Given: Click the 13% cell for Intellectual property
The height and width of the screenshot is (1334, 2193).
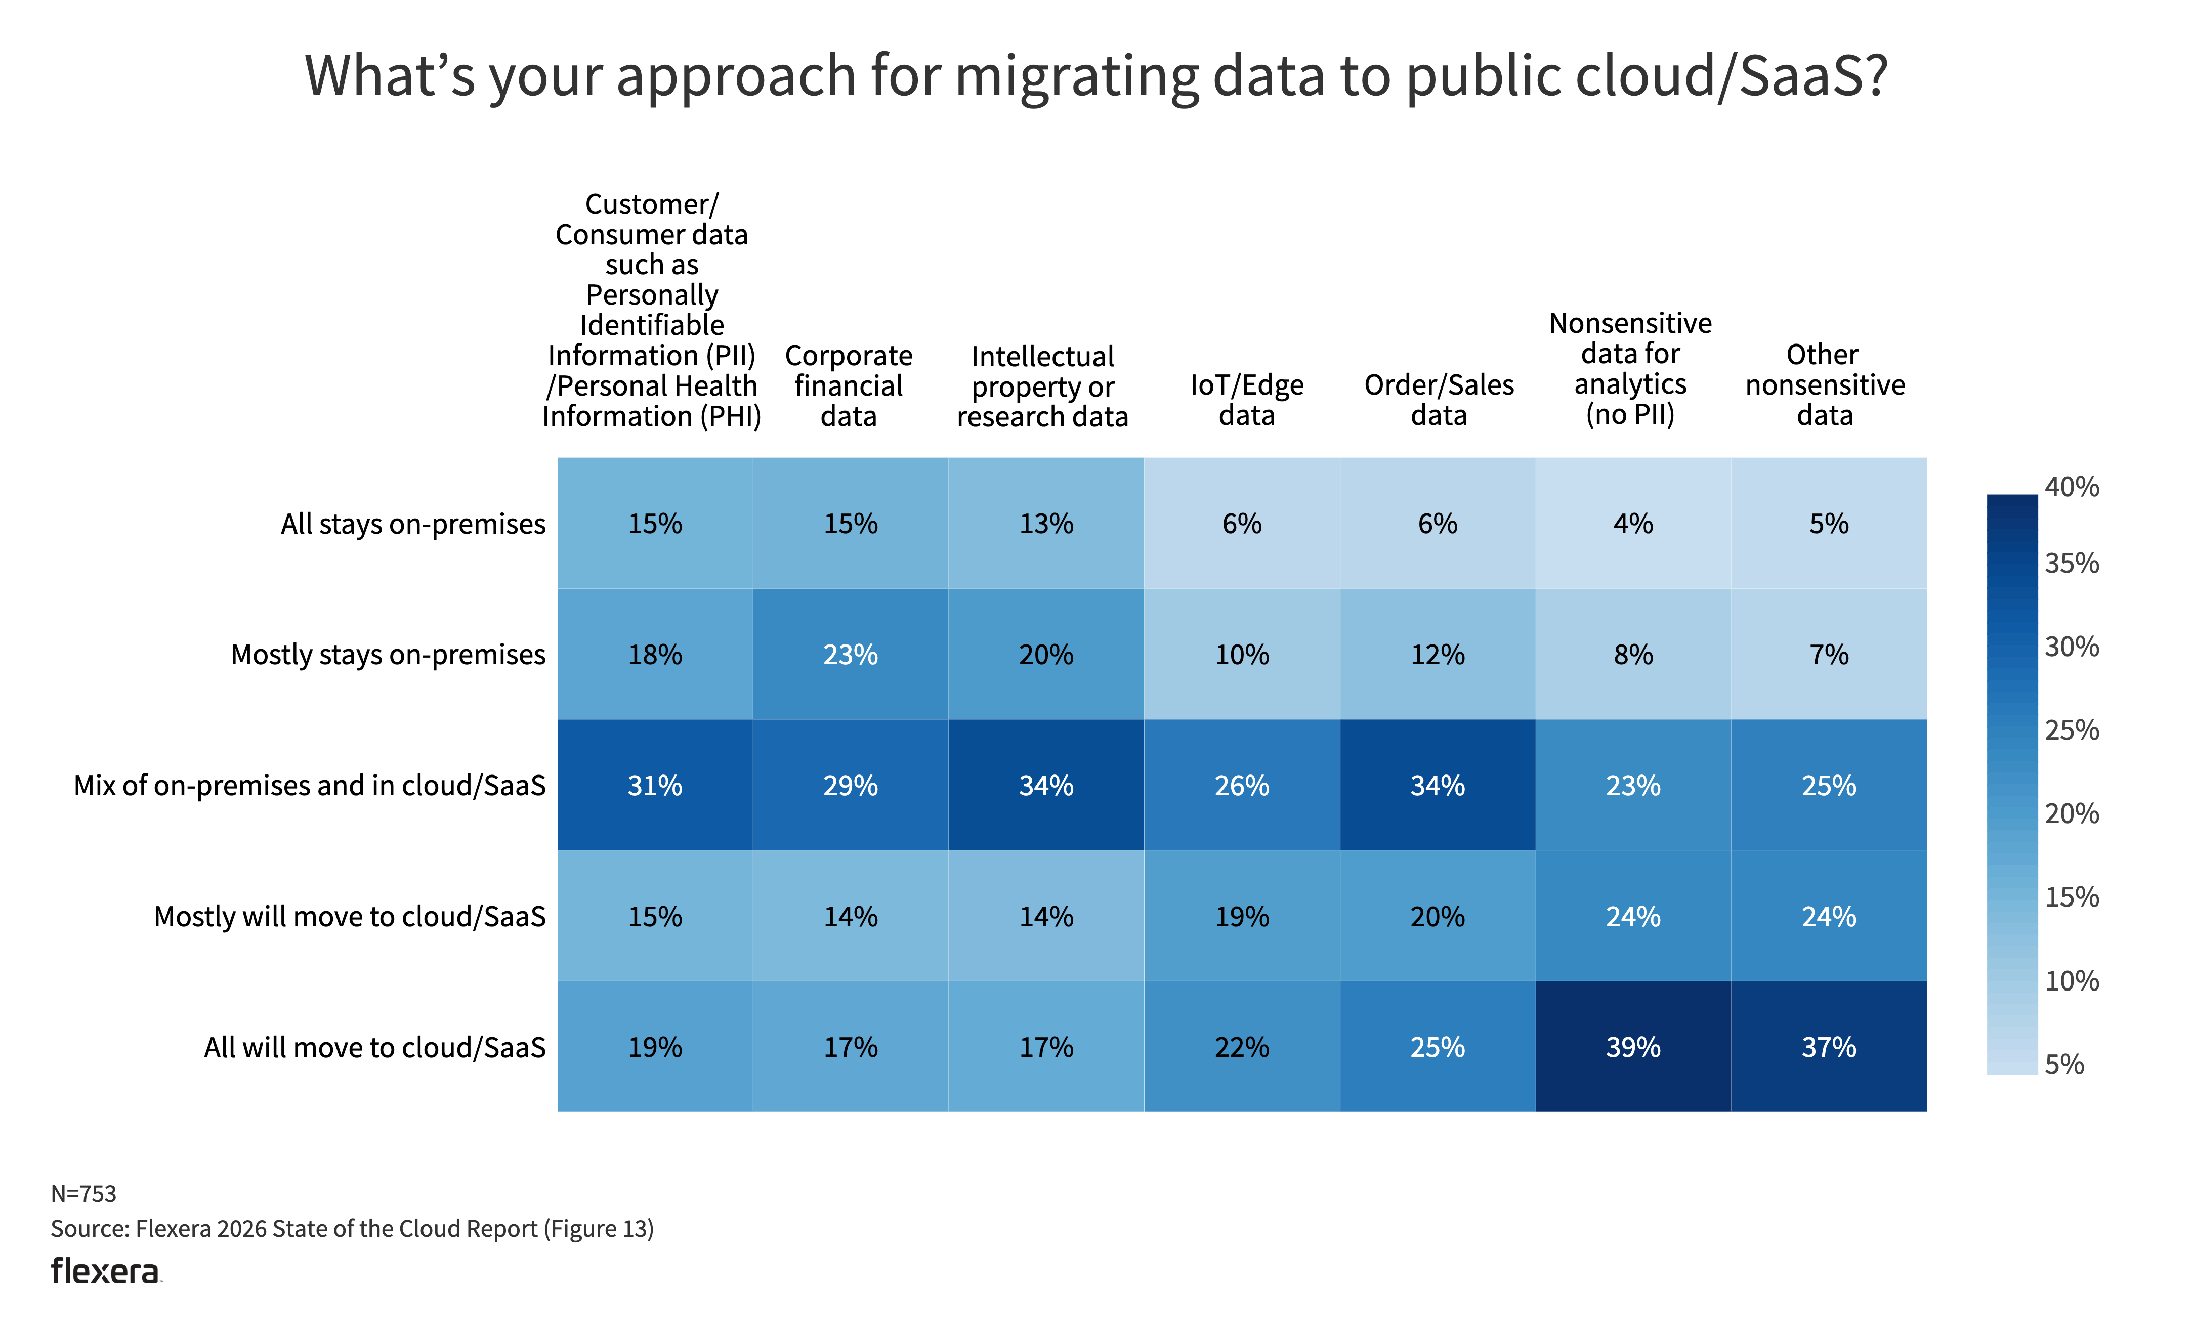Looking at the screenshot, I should [x=1046, y=523].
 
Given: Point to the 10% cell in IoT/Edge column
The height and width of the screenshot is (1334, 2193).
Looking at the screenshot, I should [x=1242, y=654].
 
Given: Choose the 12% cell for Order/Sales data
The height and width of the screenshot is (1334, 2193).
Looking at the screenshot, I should [x=1438, y=654].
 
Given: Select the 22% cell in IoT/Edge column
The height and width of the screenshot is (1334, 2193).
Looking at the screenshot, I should [x=1242, y=1047].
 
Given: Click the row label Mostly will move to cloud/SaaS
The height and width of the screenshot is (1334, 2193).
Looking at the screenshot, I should [x=349, y=916].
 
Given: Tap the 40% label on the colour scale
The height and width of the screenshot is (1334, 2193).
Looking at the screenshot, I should [x=2071, y=487].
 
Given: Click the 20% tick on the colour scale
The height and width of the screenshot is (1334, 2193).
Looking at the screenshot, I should [x=2071, y=813].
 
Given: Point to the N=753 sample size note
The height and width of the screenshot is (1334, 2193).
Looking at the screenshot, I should [x=83, y=1193].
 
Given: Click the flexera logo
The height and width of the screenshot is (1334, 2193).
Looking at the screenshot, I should [x=106, y=1272].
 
